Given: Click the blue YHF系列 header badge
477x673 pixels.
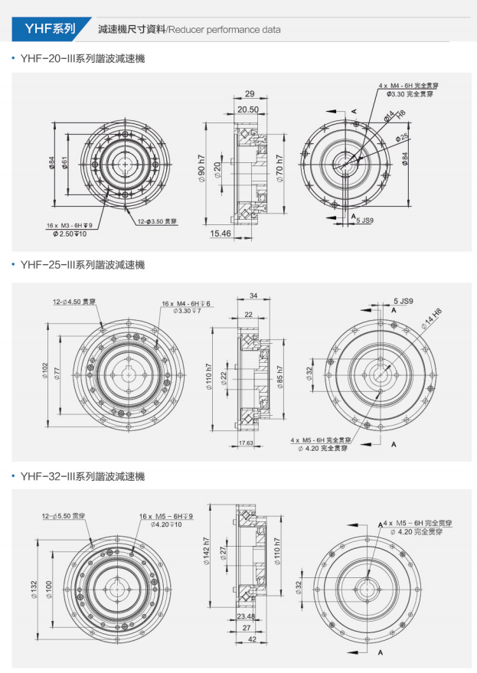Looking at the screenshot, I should [50, 29].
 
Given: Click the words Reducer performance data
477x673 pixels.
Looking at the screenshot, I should [224, 30].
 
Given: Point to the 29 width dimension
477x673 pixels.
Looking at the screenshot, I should [249, 93].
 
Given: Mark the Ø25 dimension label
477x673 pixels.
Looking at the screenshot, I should [402, 138].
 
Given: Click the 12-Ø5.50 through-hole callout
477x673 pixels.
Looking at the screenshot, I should [64, 517].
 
